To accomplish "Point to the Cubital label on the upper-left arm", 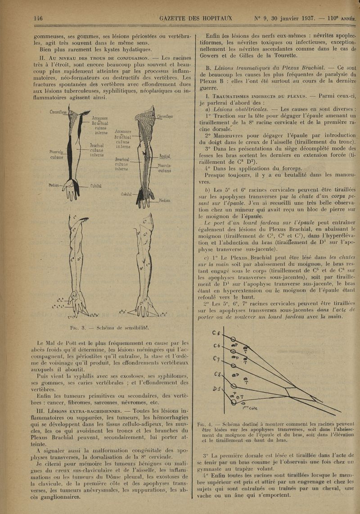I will point(96,185).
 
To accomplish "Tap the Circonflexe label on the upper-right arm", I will point(165,116).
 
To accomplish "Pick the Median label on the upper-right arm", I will point(164,201).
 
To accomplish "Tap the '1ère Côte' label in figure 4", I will point(250,408).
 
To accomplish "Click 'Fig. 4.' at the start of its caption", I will point(205,424).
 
